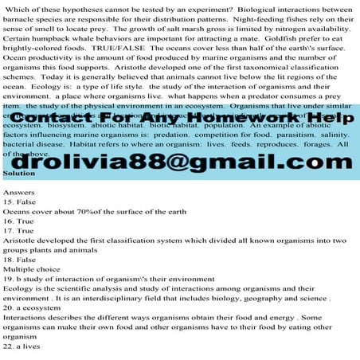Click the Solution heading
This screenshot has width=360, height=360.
click(19, 173)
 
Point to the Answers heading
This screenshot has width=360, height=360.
click(19, 192)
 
